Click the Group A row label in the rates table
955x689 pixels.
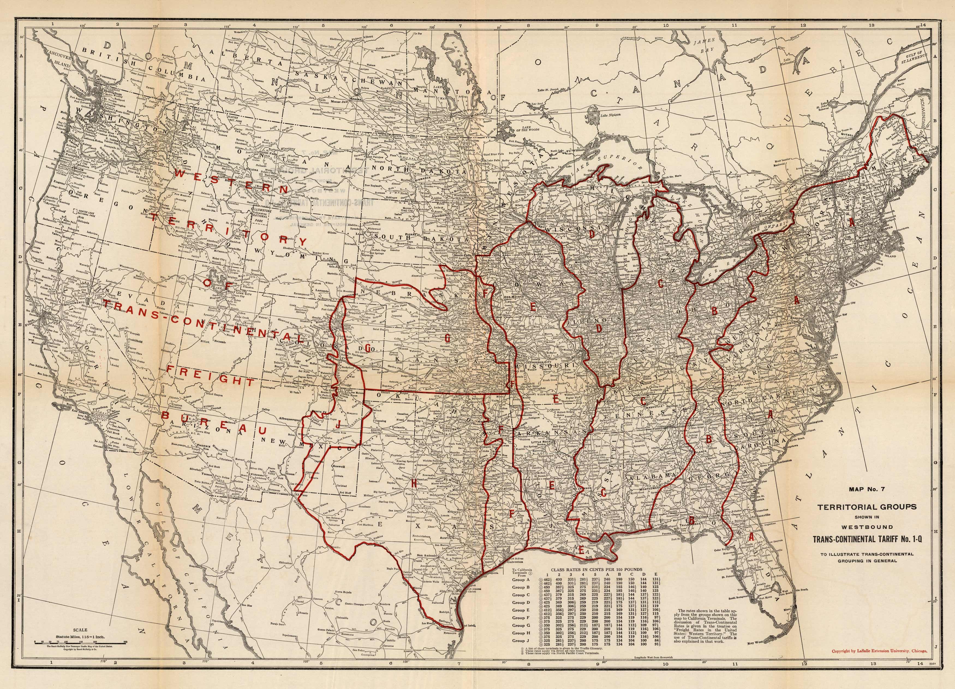point(518,580)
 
